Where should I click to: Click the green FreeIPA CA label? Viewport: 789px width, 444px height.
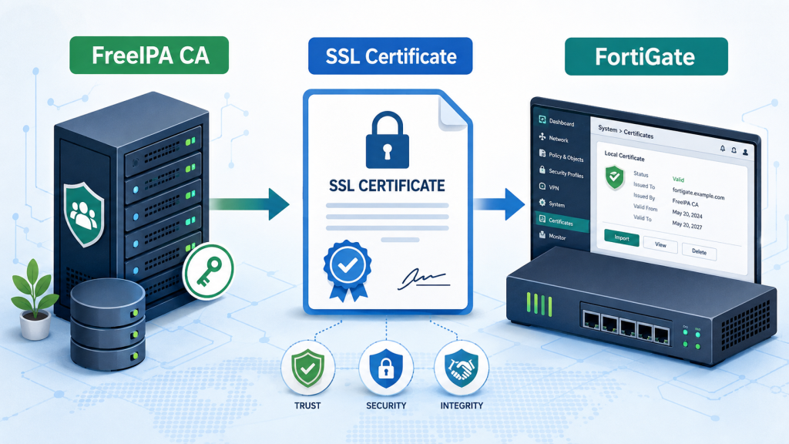(149, 55)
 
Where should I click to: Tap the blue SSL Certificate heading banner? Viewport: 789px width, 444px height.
(391, 55)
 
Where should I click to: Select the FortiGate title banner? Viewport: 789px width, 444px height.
(646, 56)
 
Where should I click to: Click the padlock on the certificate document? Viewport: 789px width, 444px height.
(387, 140)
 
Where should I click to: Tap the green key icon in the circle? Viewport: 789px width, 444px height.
(208, 271)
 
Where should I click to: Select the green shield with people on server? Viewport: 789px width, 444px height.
(84, 214)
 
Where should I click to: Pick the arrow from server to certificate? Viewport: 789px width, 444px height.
(249, 203)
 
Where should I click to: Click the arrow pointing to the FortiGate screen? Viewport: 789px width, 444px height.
(499, 203)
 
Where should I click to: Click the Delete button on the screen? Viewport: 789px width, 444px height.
(699, 251)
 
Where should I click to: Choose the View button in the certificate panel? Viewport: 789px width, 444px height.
(660, 244)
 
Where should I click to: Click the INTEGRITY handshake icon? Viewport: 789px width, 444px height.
(462, 368)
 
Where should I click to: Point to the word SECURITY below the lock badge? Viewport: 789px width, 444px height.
(386, 405)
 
